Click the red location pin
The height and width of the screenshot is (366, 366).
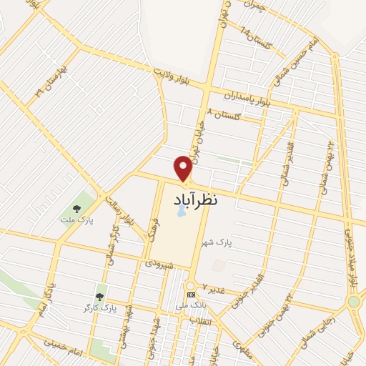[x=184, y=168]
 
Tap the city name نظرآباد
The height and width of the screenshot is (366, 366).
[x=195, y=201]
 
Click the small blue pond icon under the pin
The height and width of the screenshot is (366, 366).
[x=182, y=212]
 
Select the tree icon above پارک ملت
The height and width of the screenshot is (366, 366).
[x=76, y=209]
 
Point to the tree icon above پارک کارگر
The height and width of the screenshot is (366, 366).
[x=99, y=296]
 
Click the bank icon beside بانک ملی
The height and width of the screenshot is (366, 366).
[x=190, y=295]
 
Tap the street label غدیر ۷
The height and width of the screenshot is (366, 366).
[x=214, y=287]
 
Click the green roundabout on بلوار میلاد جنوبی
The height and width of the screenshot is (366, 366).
[x=353, y=302]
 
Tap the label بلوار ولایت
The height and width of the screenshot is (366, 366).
[x=172, y=74]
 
